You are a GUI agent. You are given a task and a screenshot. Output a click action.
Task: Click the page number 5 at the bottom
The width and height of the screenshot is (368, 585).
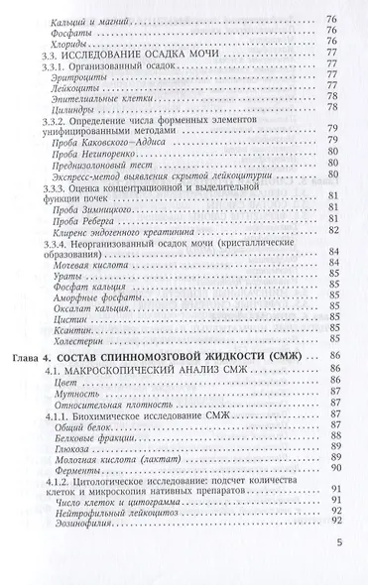point(338,571)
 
